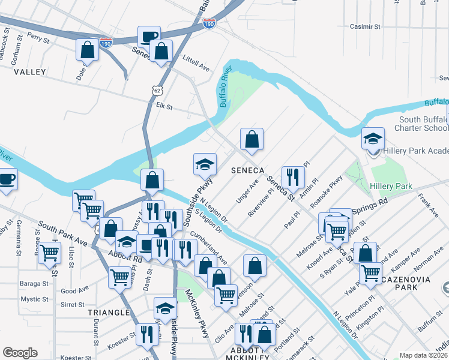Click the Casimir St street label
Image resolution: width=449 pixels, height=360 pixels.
tap(365, 27)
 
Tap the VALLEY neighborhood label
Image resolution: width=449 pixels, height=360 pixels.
tap(29, 72)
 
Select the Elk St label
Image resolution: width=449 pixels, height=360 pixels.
tap(164, 107)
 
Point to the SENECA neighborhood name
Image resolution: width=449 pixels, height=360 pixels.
tap(248, 171)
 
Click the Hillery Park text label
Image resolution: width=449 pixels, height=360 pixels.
tap(391, 187)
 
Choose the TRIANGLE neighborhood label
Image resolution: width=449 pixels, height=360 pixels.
tap(108, 313)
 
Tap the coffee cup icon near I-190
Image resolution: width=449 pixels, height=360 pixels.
tap(149, 36)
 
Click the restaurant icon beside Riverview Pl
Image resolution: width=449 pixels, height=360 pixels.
tap(293, 176)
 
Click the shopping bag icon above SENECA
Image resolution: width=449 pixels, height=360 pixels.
tap(252, 139)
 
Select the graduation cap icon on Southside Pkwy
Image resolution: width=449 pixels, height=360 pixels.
tap(205, 164)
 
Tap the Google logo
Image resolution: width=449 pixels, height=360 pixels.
tap(20, 353)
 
